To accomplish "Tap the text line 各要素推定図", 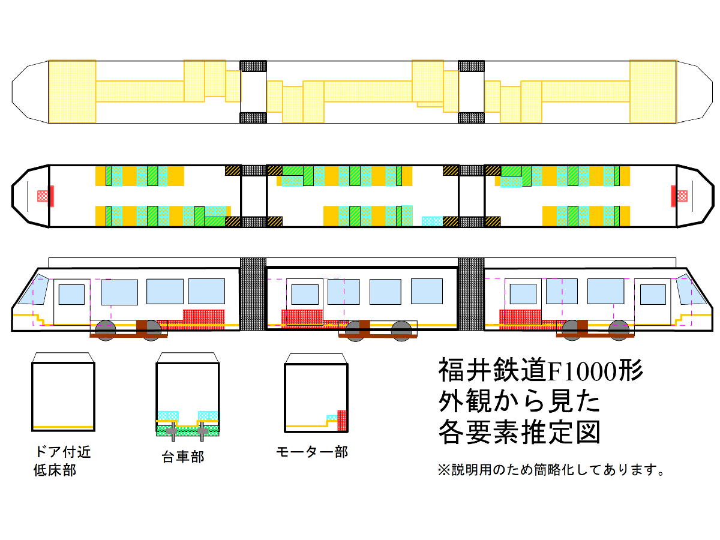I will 520,431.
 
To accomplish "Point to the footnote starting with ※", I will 551,470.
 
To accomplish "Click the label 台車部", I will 182,457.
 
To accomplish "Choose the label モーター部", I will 311,452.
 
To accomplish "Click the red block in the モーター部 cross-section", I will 342,420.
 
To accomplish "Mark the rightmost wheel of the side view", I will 619,330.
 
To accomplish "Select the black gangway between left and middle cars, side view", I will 253,294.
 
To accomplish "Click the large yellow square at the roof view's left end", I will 72,91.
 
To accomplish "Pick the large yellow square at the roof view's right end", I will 653,91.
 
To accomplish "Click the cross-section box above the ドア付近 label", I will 63,397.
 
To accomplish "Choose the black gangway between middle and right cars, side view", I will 471,294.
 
